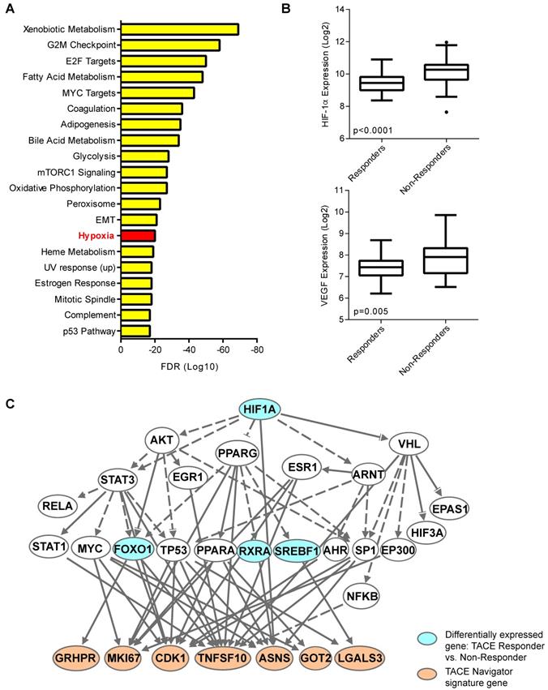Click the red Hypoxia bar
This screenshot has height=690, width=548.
click(x=138, y=235)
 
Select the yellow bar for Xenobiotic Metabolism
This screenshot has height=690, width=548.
click(x=179, y=29)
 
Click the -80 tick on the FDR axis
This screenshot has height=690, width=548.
click(x=256, y=351)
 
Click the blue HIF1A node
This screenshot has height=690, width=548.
click(x=259, y=411)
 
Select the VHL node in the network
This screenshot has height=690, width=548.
click(x=409, y=444)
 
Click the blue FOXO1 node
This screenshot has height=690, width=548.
click(x=134, y=547)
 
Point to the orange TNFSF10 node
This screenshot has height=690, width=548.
click(x=219, y=655)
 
